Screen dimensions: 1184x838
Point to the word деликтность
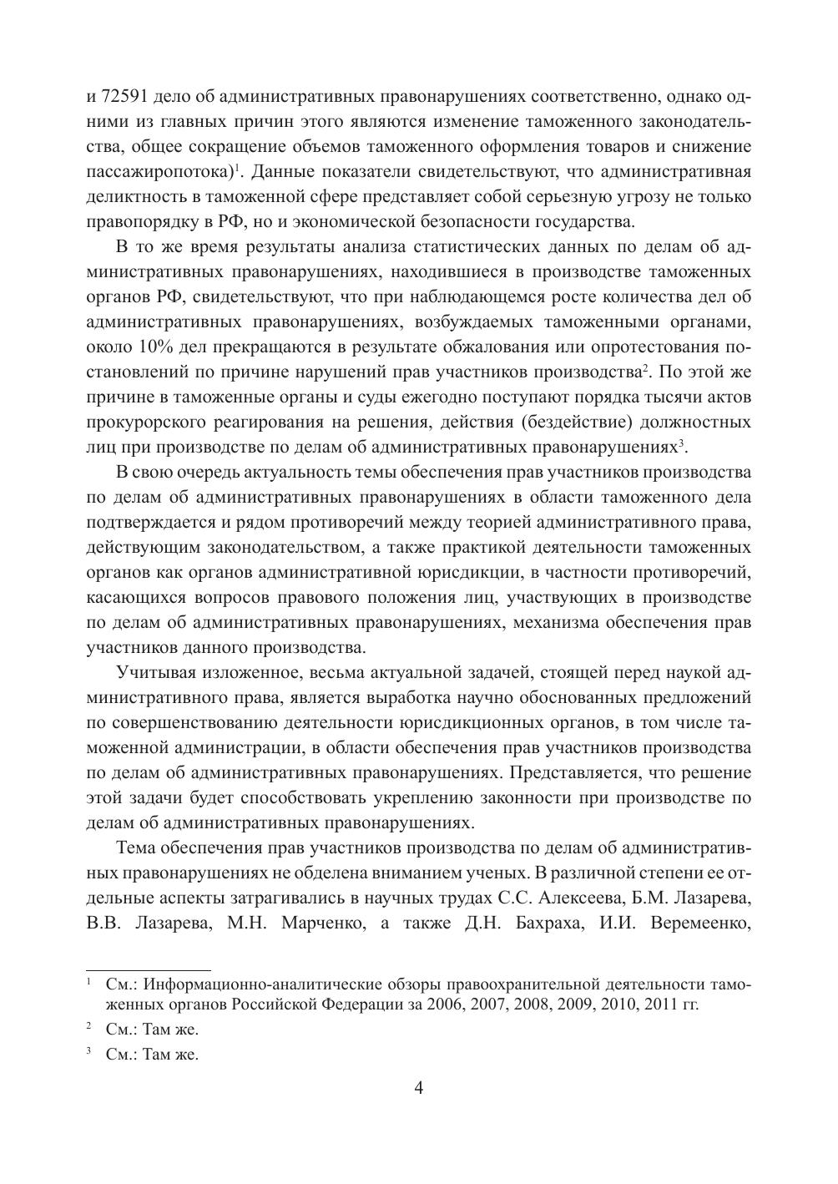pos(134,197)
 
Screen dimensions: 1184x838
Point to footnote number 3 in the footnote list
pos(89,1053)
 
